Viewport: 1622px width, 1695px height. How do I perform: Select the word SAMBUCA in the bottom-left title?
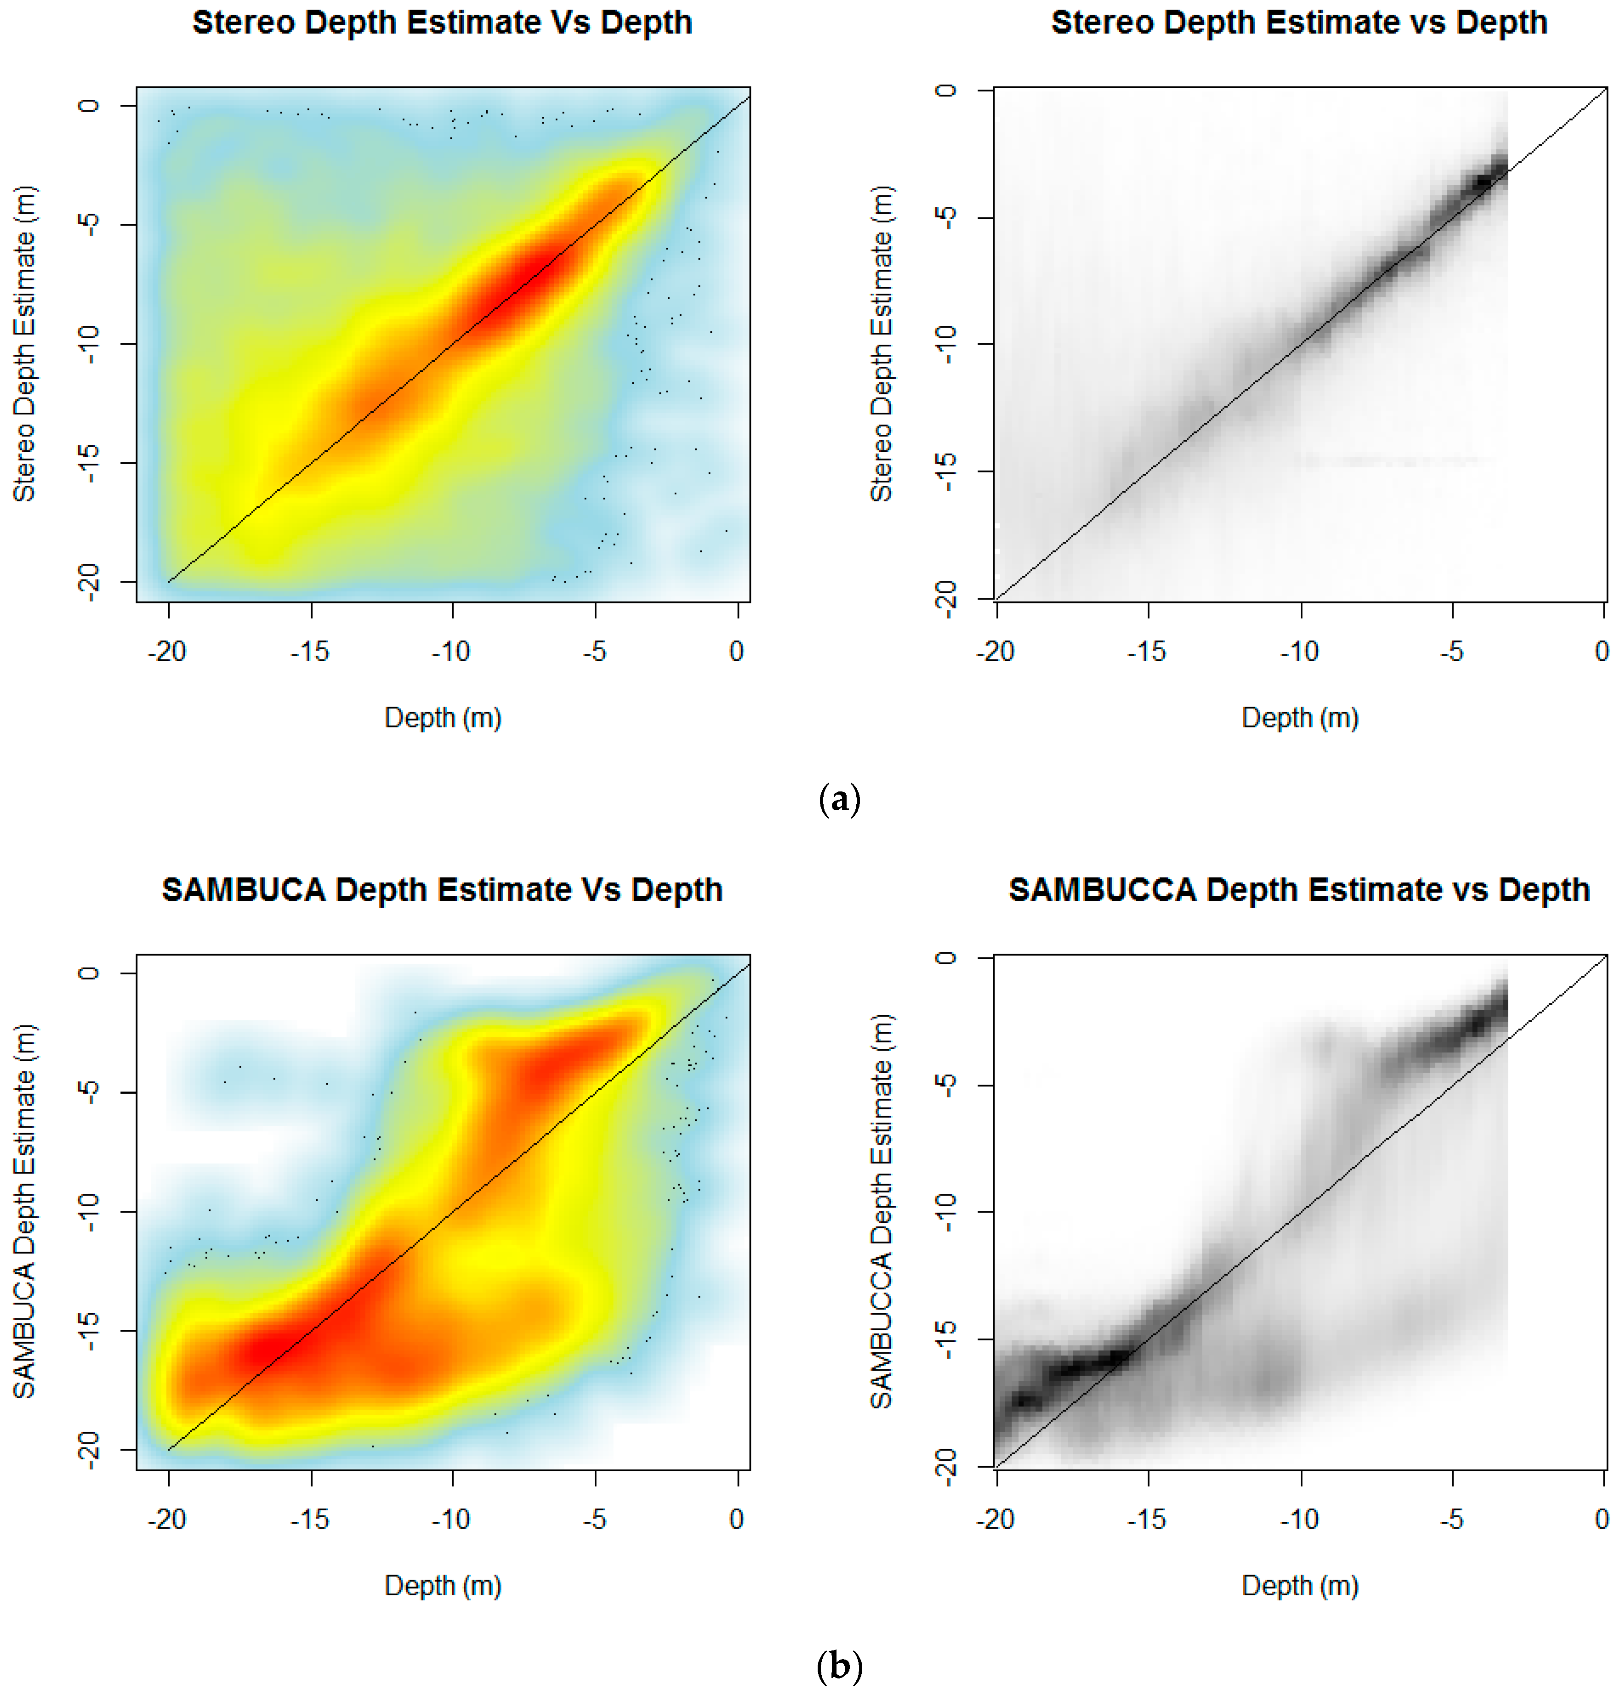(x=243, y=890)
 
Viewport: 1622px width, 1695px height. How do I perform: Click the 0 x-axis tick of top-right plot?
(x=1601, y=651)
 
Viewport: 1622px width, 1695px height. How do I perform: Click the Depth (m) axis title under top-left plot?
(x=443, y=717)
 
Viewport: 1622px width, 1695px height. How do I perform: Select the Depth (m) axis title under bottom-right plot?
(x=1299, y=1585)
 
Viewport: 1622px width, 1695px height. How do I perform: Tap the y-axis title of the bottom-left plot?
(x=24, y=1211)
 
